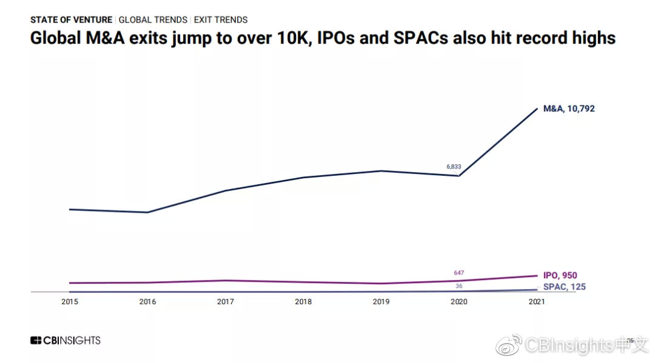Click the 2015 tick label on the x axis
pyautogui.click(x=70, y=302)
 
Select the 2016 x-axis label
pyautogui.click(x=147, y=302)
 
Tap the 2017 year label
pyautogui.click(x=226, y=302)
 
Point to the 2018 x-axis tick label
pyautogui.click(x=303, y=302)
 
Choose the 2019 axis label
pyautogui.click(x=381, y=302)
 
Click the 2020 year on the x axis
pyautogui.click(x=459, y=302)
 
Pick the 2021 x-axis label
pyautogui.click(x=537, y=302)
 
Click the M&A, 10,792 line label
pyautogui.click(x=569, y=109)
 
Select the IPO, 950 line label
pyautogui.click(x=560, y=276)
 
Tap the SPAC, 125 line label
pyautogui.click(x=564, y=287)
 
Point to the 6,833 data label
pyautogui.click(x=454, y=166)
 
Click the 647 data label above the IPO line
pyautogui.click(x=458, y=273)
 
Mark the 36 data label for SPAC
pyautogui.click(x=459, y=285)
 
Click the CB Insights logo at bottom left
pyautogui.click(x=65, y=341)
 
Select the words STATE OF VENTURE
pyautogui.click(x=71, y=20)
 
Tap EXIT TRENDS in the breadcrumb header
pyautogui.click(x=221, y=20)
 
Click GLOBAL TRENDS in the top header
pyautogui.click(x=153, y=20)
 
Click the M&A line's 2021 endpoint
pyautogui.click(x=537, y=108)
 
